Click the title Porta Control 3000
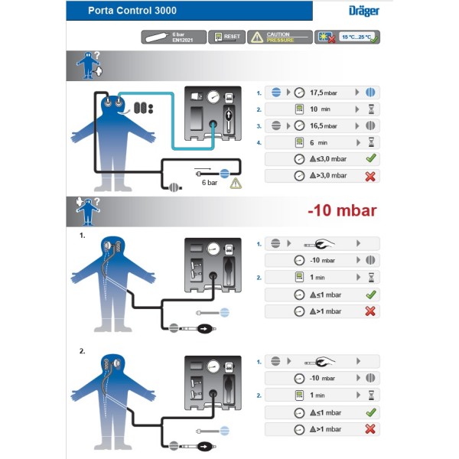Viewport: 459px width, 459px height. click(x=132, y=11)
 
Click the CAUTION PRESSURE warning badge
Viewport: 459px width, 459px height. click(x=280, y=37)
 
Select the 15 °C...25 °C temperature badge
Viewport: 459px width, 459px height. click(x=348, y=37)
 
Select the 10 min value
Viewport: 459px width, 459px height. click(x=316, y=109)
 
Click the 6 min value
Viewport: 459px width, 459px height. click(x=314, y=142)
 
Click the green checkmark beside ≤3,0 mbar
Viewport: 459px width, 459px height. click(x=371, y=159)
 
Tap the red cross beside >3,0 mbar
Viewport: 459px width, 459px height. click(x=371, y=176)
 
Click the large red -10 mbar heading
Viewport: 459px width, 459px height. click(x=341, y=210)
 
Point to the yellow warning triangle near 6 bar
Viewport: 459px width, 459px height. click(x=236, y=184)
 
